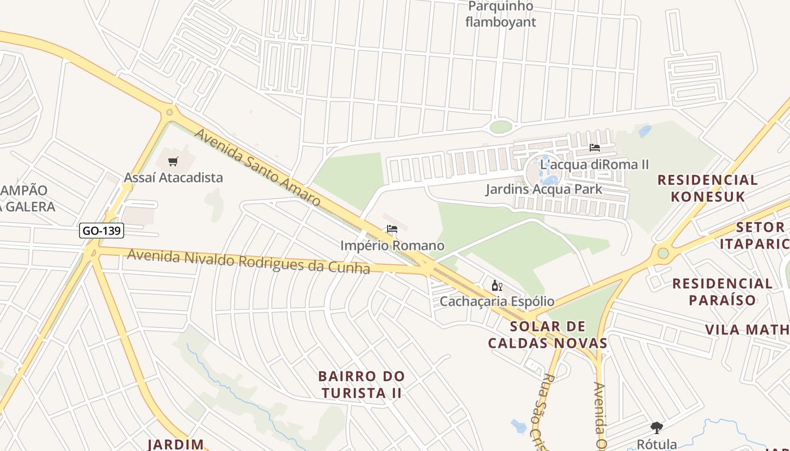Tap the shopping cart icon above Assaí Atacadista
[x=173, y=162]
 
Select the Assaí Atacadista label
[x=173, y=178]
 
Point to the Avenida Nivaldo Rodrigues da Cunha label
[x=248, y=261]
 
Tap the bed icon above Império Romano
[x=392, y=229]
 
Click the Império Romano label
[x=392, y=246]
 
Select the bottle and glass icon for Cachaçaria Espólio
[x=497, y=286]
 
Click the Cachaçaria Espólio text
[x=497, y=302]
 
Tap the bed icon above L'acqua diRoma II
[x=594, y=148]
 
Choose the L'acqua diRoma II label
[x=594, y=165]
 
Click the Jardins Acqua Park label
[x=544, y=189]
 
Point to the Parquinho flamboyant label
[x=501, y=15]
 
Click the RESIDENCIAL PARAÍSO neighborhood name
[x=722, y=291]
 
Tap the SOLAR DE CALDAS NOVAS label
[x=547, y=335]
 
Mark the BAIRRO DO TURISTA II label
[x=361, y=384]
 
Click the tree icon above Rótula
[x=656, y=428]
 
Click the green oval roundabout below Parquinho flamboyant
[x=501, y=127]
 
